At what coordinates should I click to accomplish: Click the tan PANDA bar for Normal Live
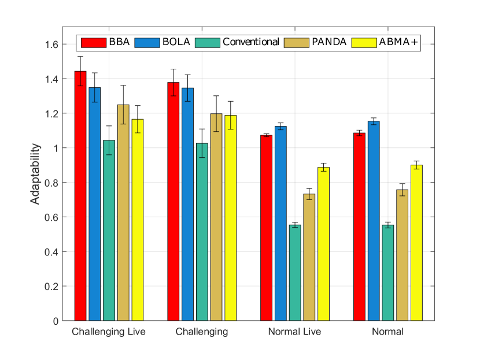309,257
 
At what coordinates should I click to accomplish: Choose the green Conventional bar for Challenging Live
109,231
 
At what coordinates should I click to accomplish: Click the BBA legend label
119,42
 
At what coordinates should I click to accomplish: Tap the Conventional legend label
251,42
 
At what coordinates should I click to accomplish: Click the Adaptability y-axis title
36,173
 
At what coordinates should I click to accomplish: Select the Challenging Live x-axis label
109,332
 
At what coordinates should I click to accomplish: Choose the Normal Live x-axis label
294,332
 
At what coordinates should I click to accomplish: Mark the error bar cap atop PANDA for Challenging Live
123,86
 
